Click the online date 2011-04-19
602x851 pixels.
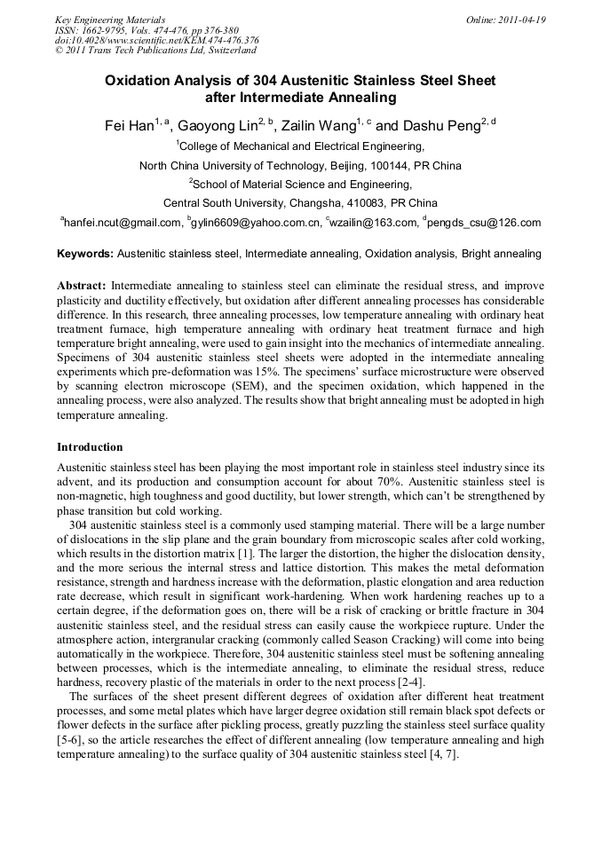click(522, 20)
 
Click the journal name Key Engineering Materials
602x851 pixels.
click(110, 20)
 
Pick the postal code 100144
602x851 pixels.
click(384, 165)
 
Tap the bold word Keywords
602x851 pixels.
click(85, 254)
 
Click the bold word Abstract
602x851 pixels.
click(82, 286)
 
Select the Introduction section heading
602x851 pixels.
click(90, 446)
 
